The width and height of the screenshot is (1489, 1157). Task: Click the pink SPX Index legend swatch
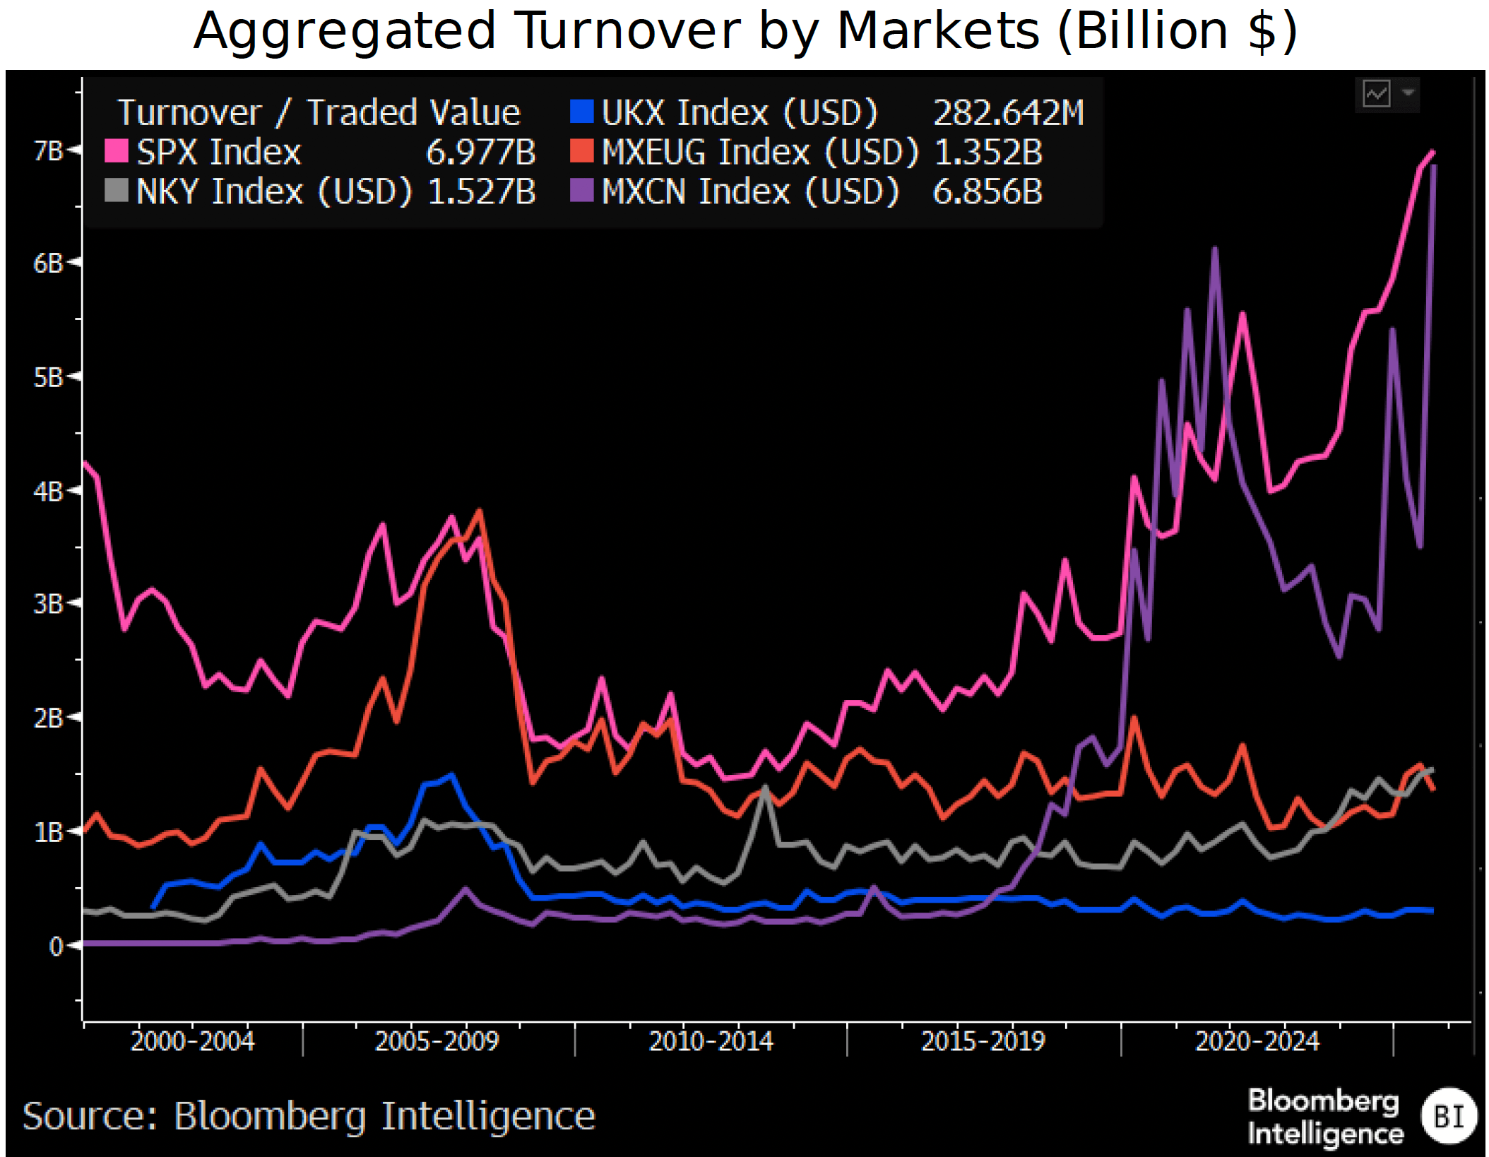116,151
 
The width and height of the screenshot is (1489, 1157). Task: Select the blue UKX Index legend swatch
581,112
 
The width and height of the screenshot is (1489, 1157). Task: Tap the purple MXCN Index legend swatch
581,191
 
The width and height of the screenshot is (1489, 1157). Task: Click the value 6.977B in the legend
480,153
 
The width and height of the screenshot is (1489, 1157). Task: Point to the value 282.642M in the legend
1008,113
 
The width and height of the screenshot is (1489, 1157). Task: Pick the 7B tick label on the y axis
48,150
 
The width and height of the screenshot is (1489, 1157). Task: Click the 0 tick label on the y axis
55,946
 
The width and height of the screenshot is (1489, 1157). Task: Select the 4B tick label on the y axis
48,492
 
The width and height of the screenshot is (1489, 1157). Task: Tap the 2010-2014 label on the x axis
711,1041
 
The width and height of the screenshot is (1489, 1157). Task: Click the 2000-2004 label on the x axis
192,1041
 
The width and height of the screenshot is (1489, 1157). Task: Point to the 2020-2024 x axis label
1257,1041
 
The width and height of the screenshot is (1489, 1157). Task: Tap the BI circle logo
1449,1116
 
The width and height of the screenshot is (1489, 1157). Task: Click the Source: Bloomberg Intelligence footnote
309,1116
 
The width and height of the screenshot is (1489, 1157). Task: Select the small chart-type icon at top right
1376,93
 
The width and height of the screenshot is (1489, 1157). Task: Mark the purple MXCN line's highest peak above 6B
1214,249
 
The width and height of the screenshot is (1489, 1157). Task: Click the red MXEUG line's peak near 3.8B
480,511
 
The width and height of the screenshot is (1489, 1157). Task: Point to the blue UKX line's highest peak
452,775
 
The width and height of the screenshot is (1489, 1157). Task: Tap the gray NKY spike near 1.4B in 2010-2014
765,787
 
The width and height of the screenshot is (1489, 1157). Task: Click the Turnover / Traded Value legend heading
319,113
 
